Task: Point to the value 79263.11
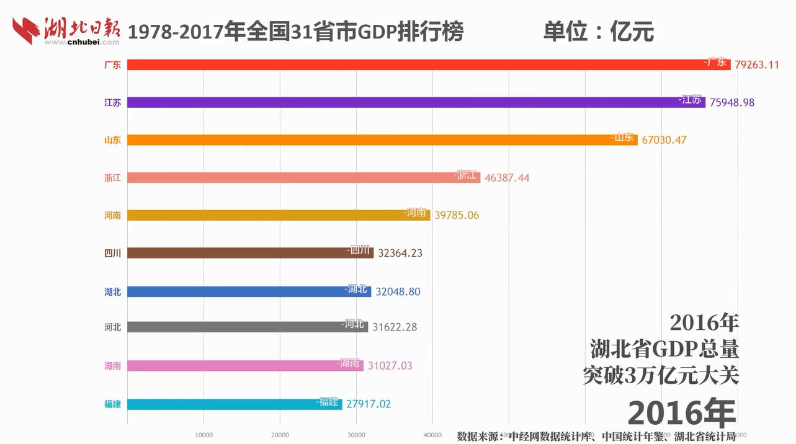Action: pos(756,64)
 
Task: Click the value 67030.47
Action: pos(664,140)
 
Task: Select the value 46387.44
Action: pos(507,178)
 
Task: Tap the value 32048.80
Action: pos(398,291)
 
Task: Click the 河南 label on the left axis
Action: pos(112,216)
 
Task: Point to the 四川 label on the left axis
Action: pos(112,253)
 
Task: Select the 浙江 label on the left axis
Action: pos(112,178)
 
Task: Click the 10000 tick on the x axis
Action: pos(203,435)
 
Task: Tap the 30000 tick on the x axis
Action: pos(356,435)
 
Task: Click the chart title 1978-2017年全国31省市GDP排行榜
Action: pos(295,32)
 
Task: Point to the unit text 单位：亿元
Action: pos(598,32)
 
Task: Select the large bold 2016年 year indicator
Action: pos(681,413)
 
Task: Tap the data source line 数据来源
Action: pos(596,436)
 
